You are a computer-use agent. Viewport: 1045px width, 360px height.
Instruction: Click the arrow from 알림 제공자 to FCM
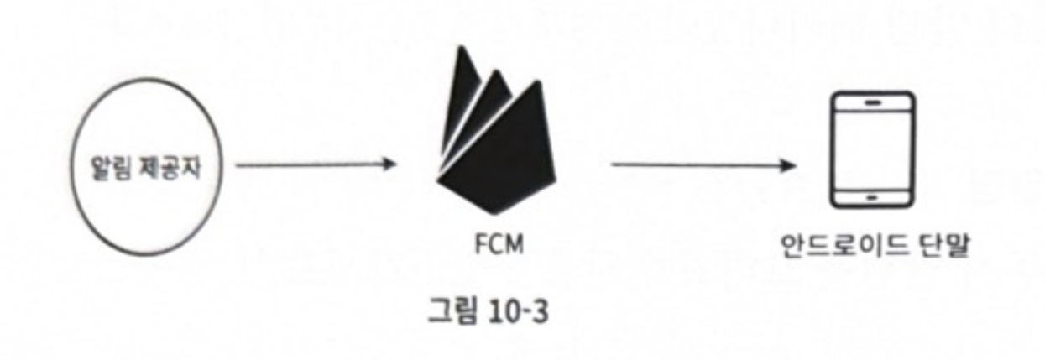[315, 164]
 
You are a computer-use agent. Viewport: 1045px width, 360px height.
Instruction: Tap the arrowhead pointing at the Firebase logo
[388, 164]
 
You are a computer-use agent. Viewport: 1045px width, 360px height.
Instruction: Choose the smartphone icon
[870, 150]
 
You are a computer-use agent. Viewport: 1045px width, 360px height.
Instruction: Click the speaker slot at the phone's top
[870, 102]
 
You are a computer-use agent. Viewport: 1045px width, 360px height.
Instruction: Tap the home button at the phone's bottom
[870, 198]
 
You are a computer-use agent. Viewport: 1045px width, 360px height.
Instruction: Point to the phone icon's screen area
[870, 150]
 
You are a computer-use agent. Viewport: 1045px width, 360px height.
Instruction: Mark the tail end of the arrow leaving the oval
[239, 164]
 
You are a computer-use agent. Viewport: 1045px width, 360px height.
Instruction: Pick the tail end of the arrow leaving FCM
[614, 164]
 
